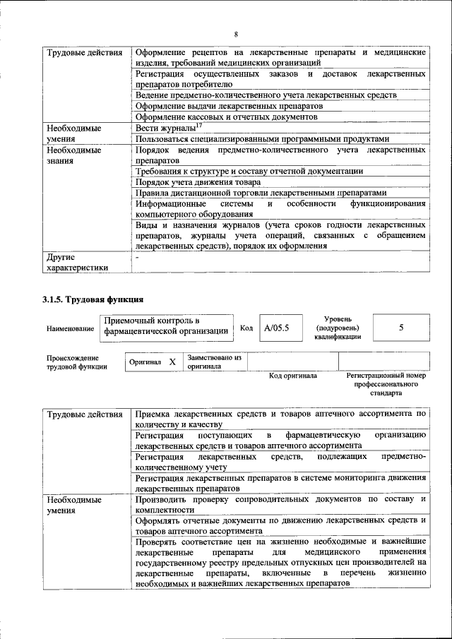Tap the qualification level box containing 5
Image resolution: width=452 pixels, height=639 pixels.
pyautogui.click(x=400, y=328)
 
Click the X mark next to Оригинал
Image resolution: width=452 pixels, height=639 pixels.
pyautogui.click(x=172, y=362)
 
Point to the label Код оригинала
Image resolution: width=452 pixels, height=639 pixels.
pyautogui.click(x=293, y=376)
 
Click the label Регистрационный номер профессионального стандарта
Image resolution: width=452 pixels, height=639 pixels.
pyautogui.click(x=386, y=384)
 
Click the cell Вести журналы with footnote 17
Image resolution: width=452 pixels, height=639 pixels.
pyautogui.click(x=165, y=129)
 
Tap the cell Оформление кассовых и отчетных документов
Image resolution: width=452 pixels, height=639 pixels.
pyautogui.click(x=226, y=117)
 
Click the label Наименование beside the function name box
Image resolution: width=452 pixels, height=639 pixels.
pyautogui.click(x=70, y=329)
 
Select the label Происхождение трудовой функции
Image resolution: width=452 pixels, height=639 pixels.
pyautogui.click(x=77, y=362)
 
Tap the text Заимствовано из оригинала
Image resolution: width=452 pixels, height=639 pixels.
pyautogui.click(x=214, y=362)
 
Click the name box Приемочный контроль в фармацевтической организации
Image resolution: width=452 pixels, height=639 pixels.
pyautogui.click(x=165, y=326)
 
